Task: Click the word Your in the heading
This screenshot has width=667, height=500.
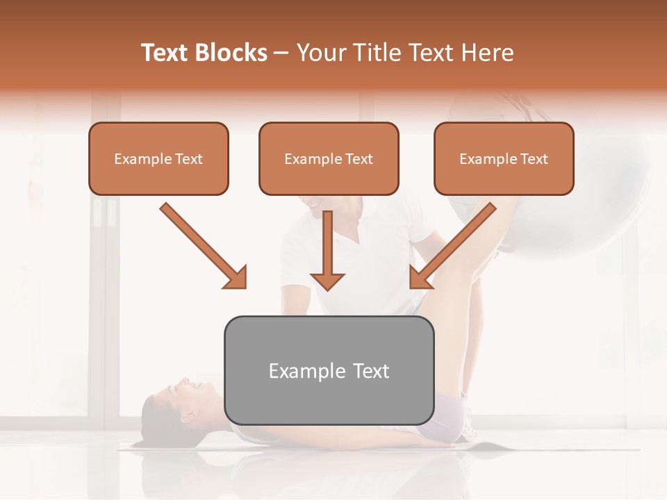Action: click(x=319, y=53)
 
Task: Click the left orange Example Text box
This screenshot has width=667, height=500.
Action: click(x=158, y=158)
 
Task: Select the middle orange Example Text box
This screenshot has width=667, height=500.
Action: click(x=329, y=158)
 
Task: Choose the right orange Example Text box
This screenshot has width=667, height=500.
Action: click(x=504, y=158)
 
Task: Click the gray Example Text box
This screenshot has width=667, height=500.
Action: click(x=329, y=370)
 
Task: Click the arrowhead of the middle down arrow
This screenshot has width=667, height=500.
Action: click(x=327, y=281)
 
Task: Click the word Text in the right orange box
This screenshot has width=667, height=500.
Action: click(x=534, y=158)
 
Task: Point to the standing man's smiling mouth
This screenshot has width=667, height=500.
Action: click(x=314, y=204)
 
